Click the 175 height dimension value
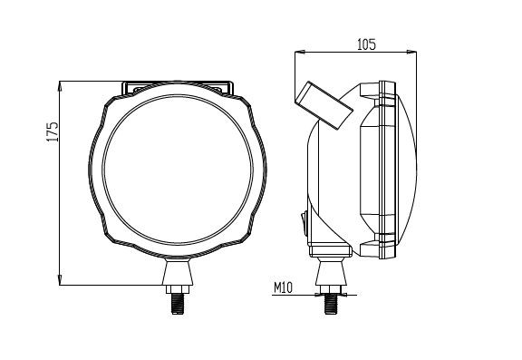52,132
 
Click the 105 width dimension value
365,44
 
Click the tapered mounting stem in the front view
177,271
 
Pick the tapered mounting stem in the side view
331,271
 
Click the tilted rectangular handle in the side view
322,105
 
